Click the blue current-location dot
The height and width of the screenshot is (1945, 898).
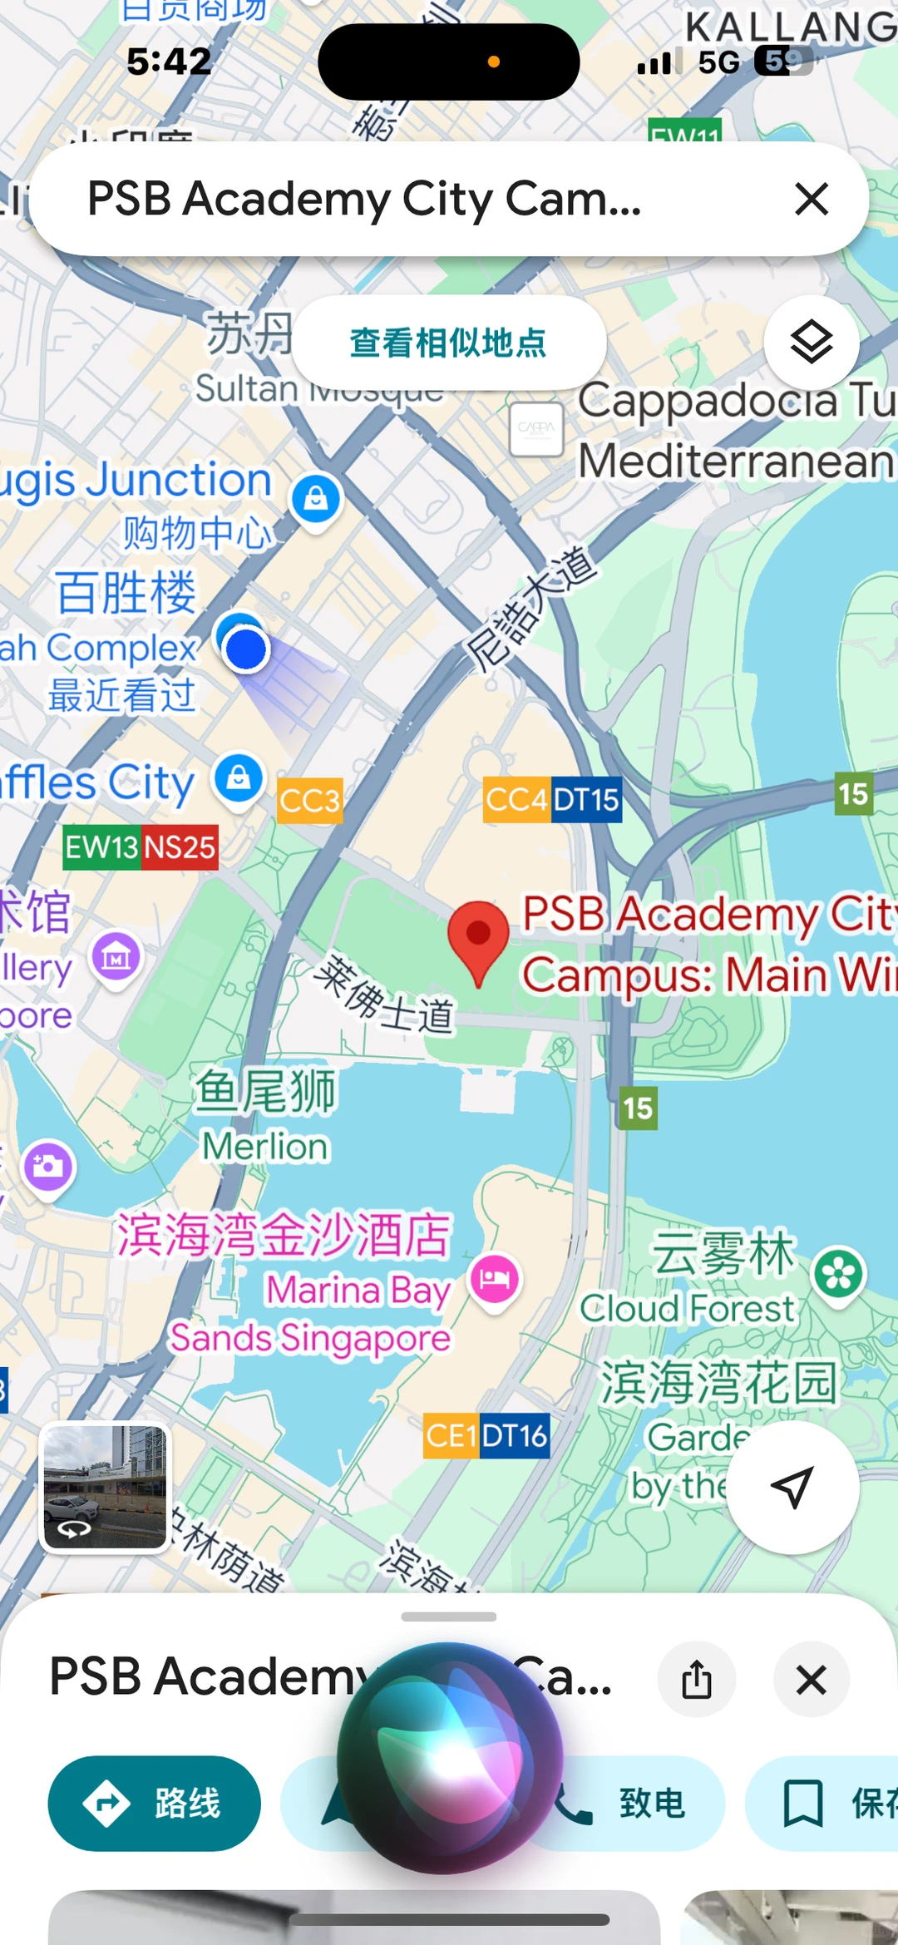[245, 649]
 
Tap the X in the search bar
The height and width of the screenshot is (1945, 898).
[812, 200]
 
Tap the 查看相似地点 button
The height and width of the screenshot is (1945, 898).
[448, 343]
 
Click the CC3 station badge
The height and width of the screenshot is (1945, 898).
[309, 801]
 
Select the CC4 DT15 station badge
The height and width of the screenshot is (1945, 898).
[553, 800]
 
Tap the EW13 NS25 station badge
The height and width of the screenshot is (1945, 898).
[141, 847]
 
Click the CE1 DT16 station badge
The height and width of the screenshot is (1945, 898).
[486, 1435]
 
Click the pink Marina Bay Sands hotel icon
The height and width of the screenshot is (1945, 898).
[495, 1278]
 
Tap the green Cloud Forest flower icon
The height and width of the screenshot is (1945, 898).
[838, 1274]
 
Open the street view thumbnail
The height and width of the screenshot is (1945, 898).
[105, 1487]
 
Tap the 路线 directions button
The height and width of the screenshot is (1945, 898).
[155, 1803]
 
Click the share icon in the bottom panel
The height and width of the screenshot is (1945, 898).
[697, 1679]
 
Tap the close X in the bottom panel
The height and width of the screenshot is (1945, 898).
[811, 1679]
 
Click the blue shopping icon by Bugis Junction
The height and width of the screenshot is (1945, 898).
[315, 499]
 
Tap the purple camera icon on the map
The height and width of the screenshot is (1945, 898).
[48, 1166]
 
